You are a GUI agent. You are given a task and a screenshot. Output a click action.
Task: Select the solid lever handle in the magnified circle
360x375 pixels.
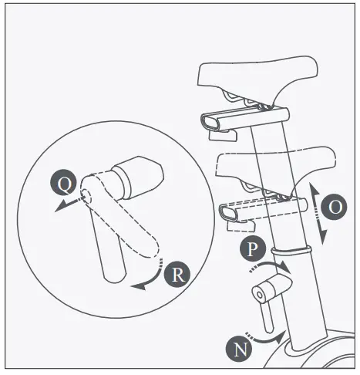(108, 247)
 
